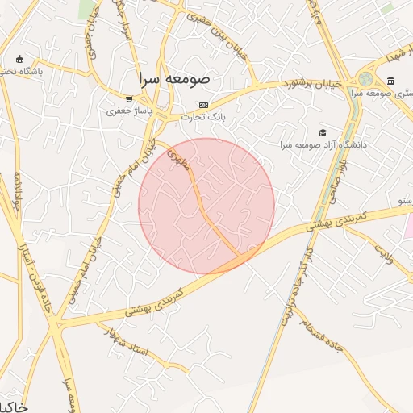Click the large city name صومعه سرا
(173, 79)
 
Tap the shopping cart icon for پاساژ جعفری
(129, 99)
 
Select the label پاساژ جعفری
(125, 112)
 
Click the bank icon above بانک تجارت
(203, 105)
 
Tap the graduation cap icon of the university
(323, 132)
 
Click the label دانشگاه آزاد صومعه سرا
(323, 144)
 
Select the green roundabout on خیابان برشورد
(366, 79)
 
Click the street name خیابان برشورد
(313, 83)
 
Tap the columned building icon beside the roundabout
(391, 81)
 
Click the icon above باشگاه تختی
(19, 59)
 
